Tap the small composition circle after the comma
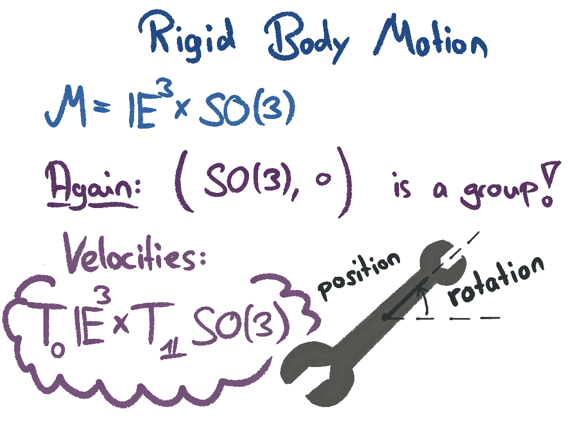[x=320, y=184]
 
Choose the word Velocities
[x=136, y=257]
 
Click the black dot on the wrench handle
[x=384, y=317]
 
